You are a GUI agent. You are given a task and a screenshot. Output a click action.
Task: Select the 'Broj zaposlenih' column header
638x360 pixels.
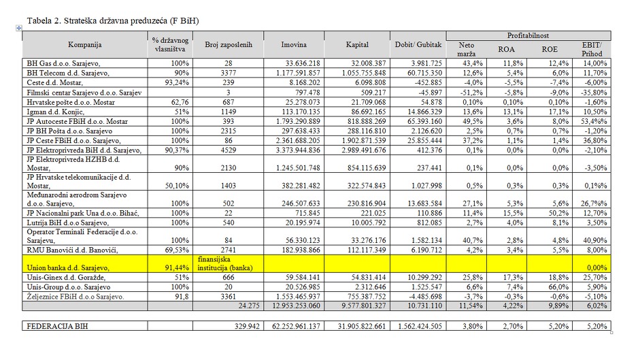[x=229, y=45]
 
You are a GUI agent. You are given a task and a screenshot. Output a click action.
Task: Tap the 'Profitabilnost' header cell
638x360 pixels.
[x=528, y=35]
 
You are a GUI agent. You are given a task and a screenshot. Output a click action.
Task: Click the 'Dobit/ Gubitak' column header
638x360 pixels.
[x=418, y=45]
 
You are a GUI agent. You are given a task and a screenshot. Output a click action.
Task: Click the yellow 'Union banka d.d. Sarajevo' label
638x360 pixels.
[x=67, y=267]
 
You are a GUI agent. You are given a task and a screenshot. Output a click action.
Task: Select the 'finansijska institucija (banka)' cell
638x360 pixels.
[x=225, y=263]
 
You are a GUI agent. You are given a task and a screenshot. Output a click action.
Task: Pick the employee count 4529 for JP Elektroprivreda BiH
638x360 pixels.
[x=229, y=150]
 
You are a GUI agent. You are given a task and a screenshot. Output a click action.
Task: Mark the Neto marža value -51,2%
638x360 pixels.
[x=471, y=93]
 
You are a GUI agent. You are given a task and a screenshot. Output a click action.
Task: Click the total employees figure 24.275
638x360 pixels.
[x=249, y=306]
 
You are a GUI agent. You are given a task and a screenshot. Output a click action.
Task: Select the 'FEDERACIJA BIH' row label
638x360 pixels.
[x=57, y=326]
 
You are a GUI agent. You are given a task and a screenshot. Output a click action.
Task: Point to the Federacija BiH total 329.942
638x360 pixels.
[x=247, y=326]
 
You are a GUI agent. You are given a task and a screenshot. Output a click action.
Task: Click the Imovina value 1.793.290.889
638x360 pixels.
[x=298, y=121]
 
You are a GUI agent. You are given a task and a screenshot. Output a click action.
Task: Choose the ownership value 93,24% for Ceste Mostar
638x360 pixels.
[x=177, y=82]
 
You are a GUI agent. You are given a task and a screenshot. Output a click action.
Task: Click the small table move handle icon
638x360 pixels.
[x=19, y=28]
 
